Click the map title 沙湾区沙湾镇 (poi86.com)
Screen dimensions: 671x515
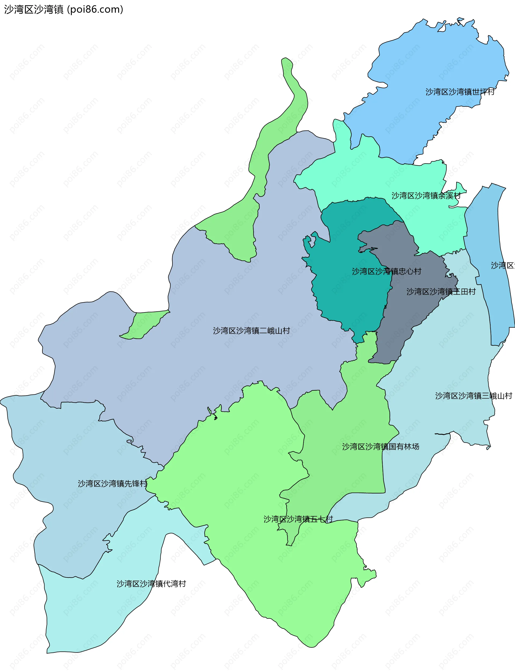click(x=64, y=9)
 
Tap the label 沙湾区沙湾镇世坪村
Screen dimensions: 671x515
click(x=460, y=92)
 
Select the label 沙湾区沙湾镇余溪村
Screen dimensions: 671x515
click(x=426, y=195)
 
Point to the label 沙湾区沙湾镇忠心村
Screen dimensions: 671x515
click(x=386, y=271)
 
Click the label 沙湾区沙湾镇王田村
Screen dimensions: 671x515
click(x=441, y=291)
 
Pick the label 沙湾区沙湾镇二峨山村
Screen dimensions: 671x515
click(x=251, y=330)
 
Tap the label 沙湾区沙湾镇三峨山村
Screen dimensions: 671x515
click(x=474, y=396)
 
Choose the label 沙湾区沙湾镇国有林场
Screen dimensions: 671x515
click(x=380, y=446)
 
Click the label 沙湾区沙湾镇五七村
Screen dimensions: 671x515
click(x=298, y=519)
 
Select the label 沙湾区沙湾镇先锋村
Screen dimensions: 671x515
click(x=112, y=483)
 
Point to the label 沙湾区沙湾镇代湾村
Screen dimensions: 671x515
click(x=151, y=583)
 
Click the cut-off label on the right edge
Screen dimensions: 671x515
click(x=503, y=265)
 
